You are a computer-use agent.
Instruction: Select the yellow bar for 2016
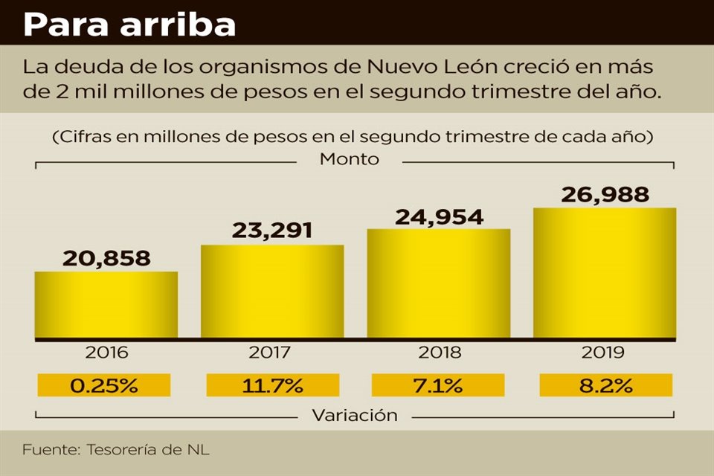(x=106, y=305)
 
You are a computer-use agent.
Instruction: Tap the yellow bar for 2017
(x=272, y=292)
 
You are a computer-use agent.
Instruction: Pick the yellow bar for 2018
(x=439, y=283)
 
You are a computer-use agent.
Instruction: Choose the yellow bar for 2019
(x=605, y=273)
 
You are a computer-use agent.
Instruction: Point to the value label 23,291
(x=272, y=230)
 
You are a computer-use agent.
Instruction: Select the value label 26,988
(x=605, y=195)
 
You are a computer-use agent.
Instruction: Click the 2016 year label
(x=106, y=353)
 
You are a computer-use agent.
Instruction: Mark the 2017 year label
(x=272, y=353)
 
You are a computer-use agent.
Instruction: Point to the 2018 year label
(x=439, y=353)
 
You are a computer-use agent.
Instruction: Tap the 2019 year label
(x=605, y=353)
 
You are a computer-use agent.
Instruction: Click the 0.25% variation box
(x=103, y=385)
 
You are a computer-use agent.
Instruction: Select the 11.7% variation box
(x=272, y=385)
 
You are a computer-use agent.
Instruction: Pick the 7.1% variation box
(x=438, y=385)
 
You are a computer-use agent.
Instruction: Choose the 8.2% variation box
(x=605, y=385)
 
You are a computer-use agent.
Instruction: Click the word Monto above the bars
(x=349, y=159)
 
